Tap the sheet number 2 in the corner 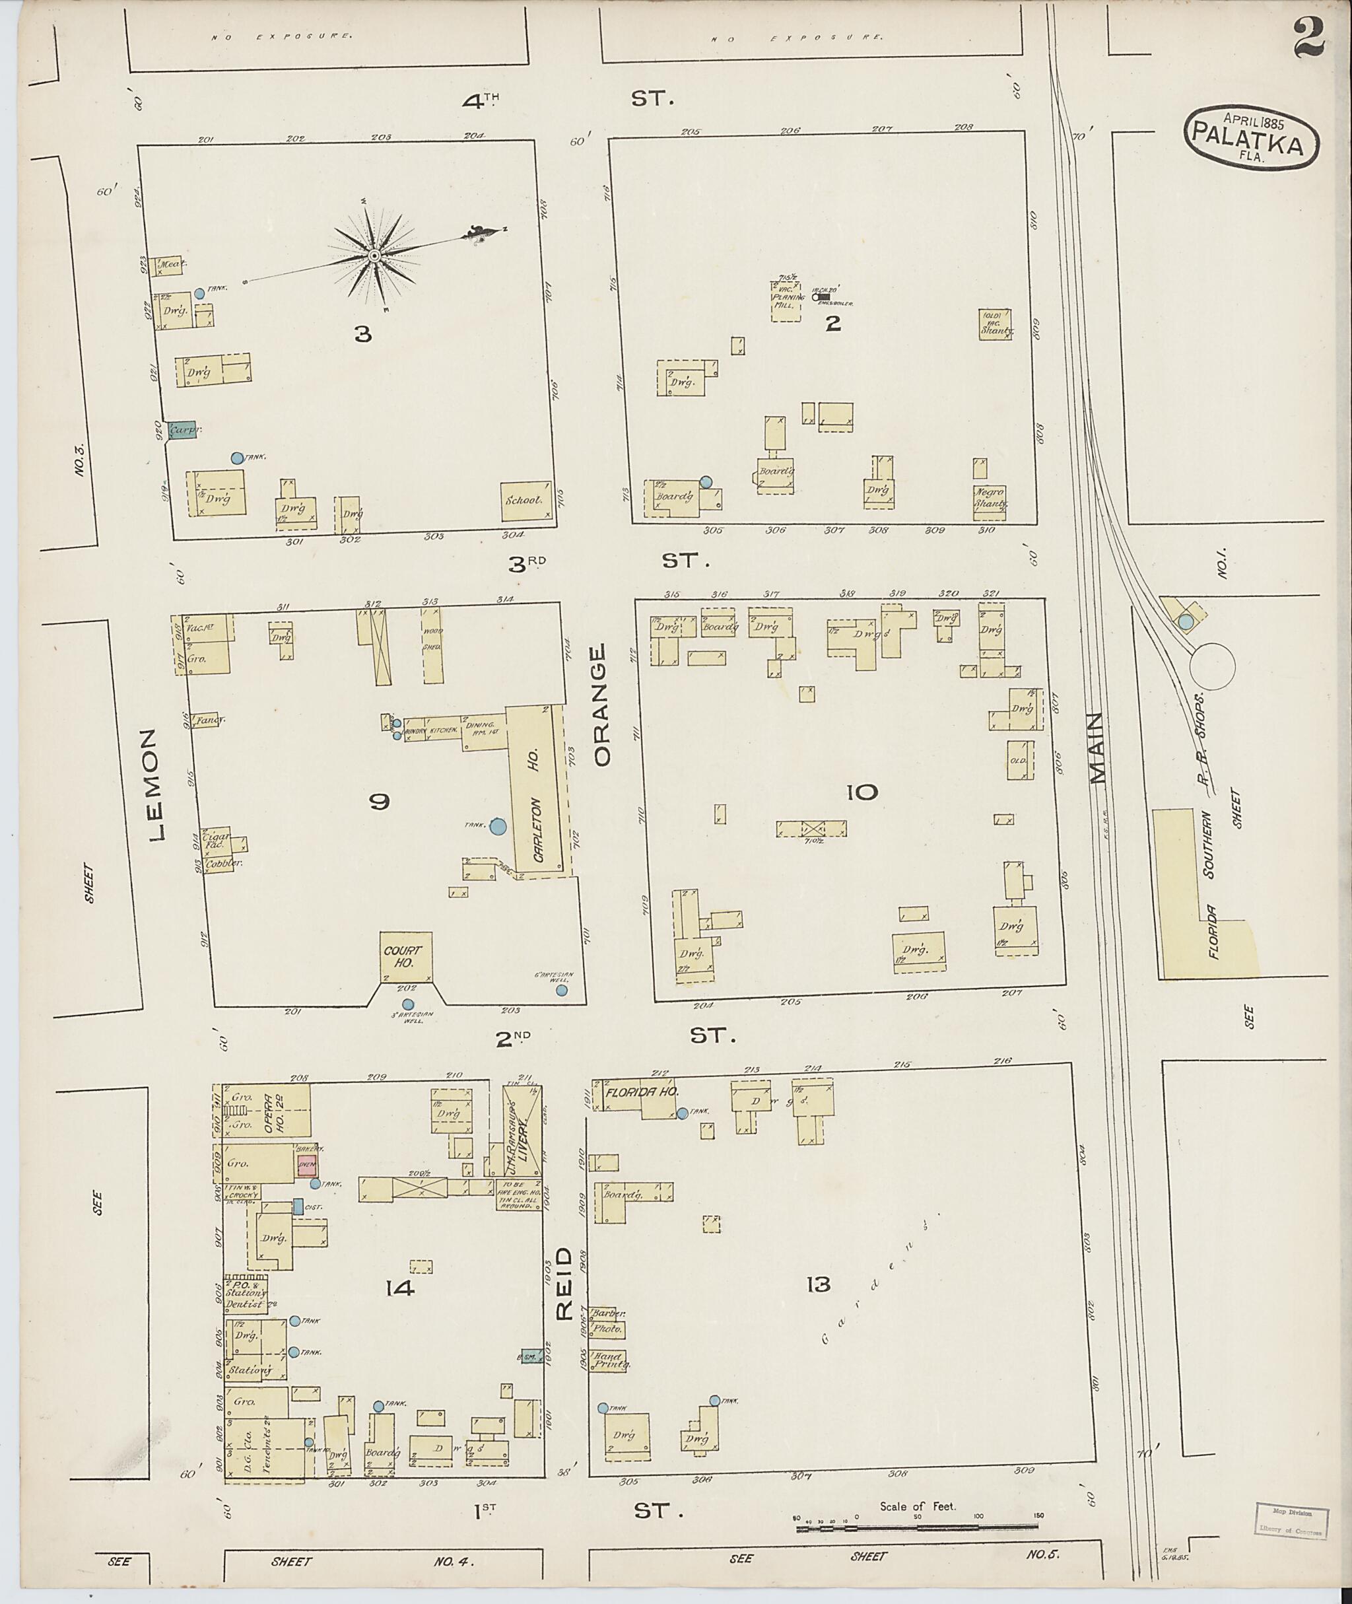coord(1309,38)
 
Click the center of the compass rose coord(374,256)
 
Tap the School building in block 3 coord(525,499)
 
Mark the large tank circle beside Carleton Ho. coord(498,825)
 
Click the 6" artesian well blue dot coord(562,990)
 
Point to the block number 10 coord(862,792)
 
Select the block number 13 coord(818,1284)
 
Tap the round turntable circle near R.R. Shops coord(1212,666)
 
